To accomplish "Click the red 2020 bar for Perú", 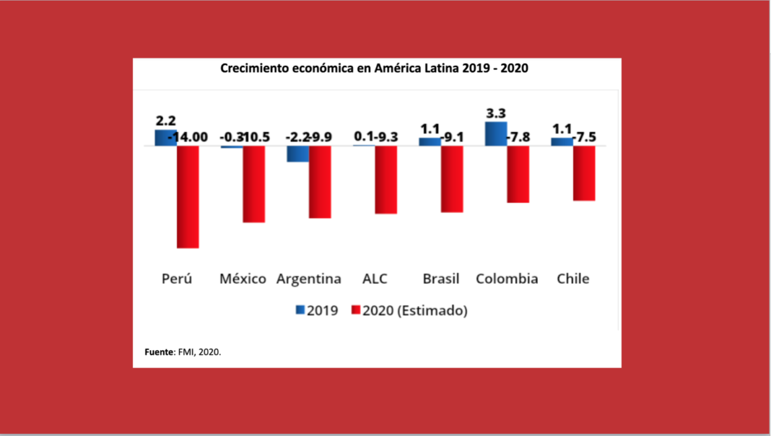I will coord(188,196).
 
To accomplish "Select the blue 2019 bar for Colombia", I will coord(496,134).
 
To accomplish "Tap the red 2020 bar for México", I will coord(254,183).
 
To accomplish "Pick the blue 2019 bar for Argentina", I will coord(297,154).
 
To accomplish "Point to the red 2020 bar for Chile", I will coord(584,173).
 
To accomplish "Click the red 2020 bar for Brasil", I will coord(452,178).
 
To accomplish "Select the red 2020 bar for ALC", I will coord(386,179).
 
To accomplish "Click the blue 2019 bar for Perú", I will coord(165,138).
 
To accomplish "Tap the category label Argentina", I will coord(309,279).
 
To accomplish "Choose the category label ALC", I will coord(375,279).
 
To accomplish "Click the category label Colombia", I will coord(507,279).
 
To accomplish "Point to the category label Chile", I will coord(573,279).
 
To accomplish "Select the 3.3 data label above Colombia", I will coord(496,113).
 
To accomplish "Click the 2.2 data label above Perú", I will coord(165,121).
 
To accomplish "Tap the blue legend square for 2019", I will coord(300,310).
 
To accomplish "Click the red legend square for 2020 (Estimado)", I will coord(355,310).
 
